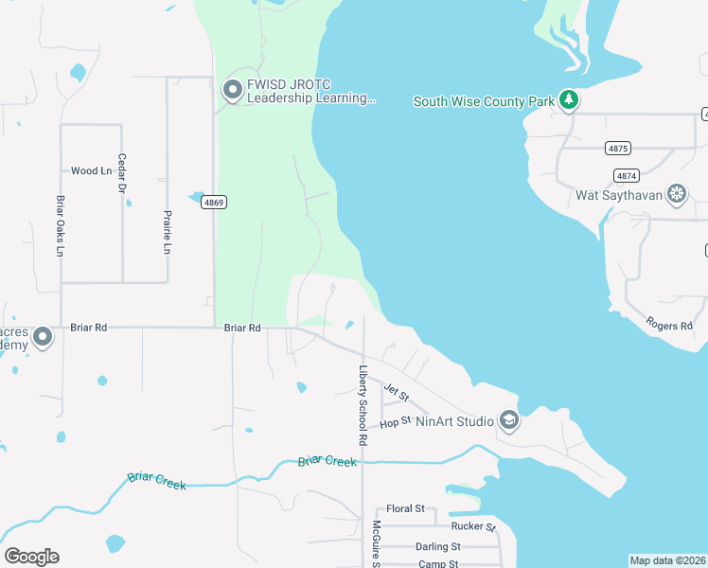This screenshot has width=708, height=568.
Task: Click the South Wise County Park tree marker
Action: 568,99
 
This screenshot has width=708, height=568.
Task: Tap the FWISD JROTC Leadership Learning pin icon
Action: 232,91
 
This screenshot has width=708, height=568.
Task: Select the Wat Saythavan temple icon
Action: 677,196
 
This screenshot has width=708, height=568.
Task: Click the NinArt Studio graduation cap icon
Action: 509,420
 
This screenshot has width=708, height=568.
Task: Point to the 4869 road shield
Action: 213,203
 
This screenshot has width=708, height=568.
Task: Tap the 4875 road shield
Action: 618,149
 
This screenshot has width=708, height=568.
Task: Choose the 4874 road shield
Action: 626,175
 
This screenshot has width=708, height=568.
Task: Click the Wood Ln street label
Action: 91,171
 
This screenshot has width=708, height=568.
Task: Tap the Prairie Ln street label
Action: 168,232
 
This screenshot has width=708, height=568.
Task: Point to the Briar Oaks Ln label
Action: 60,226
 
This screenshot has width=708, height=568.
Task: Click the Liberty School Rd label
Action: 362,405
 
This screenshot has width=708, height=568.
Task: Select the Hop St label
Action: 395,421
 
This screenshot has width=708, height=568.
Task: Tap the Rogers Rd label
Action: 669,326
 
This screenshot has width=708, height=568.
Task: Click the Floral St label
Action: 406,509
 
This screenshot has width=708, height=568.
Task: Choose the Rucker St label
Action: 473,526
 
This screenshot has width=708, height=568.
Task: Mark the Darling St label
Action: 437,546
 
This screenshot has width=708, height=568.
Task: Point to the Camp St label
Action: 438,564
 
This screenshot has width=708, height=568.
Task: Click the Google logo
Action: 31,557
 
